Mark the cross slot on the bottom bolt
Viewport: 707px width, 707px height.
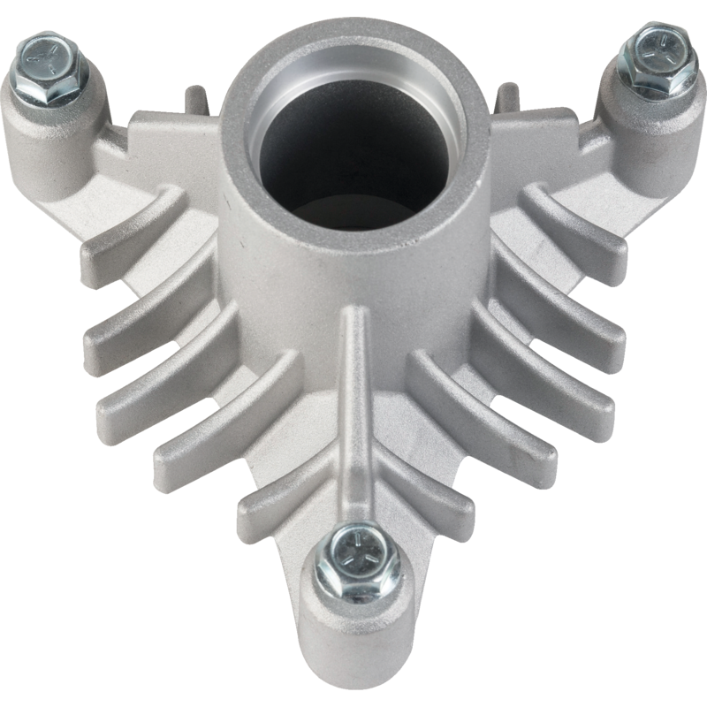coord(357,557)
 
